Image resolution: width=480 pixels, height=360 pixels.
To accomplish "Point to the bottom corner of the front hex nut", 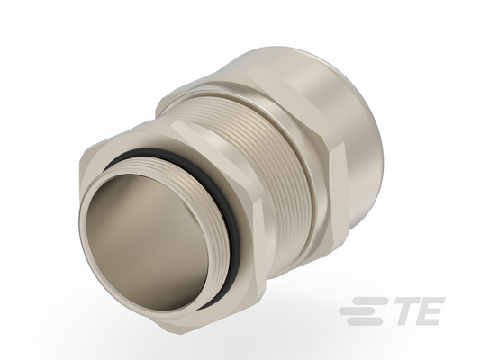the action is point(181,334).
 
